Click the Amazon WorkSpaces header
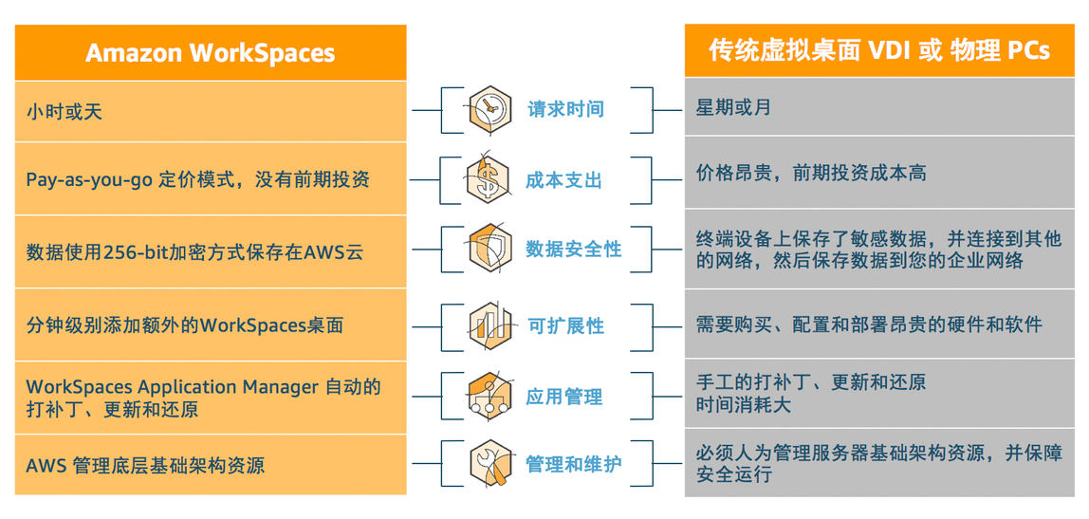click(x=210, y=52)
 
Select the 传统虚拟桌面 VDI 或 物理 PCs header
click(x=879, y=50)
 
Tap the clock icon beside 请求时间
click(x=489, y=109)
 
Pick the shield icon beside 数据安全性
click(x=489, y=250)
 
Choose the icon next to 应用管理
click(x=489, y=397)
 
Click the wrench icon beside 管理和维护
click(x=489, y=465)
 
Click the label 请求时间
click(x=565, y=109)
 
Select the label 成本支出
click(x=563, y=180)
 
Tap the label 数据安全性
click(x=574, y=250)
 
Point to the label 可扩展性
click(x=565, y=325)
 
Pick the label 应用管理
click(x=563, y=397)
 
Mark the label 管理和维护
click(x=574, y=465)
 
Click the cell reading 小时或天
click(x=65, y=111)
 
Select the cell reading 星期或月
click(x=733, y=107)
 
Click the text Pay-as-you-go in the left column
click(x=89, y=179)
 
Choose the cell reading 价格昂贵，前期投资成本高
click(x=811, y=173)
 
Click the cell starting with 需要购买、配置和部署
click(x=869, y=324)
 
